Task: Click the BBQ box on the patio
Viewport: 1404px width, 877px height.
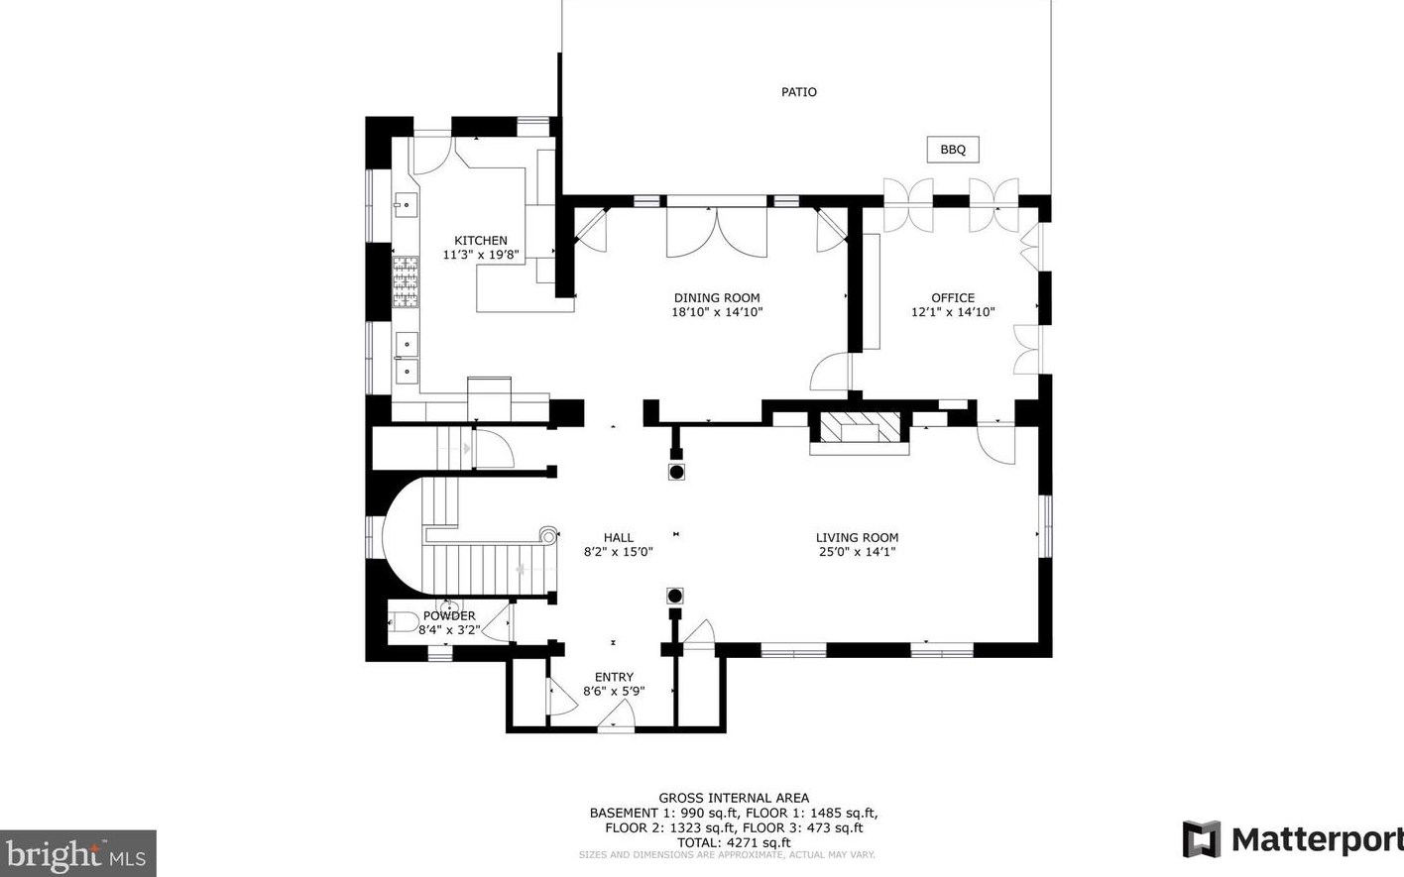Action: pyautogui.click(x=953, y=150)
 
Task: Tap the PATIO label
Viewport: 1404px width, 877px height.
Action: pyautogui.click(x=798, y=92)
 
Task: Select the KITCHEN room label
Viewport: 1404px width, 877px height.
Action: pyautogui.click(x=481, y=241)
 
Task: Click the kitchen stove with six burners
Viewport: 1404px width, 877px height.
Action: pyautogui.click(x=406, y=281)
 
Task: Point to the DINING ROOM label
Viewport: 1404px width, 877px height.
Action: pyautogui.click(x=717, y=298)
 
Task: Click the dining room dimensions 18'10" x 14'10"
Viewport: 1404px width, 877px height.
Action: pyautogui.click(x=717, y=312)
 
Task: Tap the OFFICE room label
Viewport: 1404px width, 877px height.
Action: pyautogui.click(x=953, y=298)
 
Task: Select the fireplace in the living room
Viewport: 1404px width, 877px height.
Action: pyautogui.click(x=860, y=432)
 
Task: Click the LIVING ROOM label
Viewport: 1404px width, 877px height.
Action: pyautogui.click(x=857, y=537)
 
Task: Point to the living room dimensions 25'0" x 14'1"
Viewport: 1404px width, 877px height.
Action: pyautogui.click(x=857, y=552)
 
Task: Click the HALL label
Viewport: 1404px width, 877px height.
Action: pyautogui.click(x=619, y=537)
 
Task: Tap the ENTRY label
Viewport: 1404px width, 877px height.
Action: pyautogui.click(x=614, y=677)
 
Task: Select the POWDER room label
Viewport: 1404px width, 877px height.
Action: pyautogui.click(x=449, y=615)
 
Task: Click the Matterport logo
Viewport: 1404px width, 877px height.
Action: pyautogui.click(x=1292, y=839)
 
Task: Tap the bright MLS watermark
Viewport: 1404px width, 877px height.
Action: pyautogui.click(x=77, y=854)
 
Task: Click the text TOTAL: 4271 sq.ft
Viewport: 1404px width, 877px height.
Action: pyautogui.click(x=734, y=843)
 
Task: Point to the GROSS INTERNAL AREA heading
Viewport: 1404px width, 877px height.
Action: pyautogui.click(x=734, y=798)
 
